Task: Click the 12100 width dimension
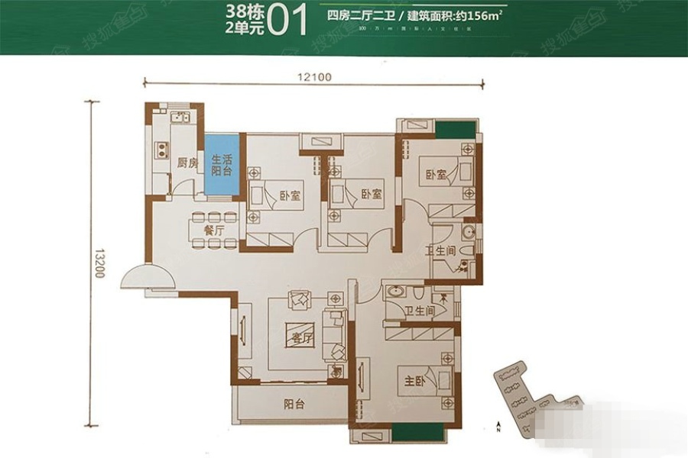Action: click(x=315, y=75)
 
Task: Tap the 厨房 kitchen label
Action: click(x=187, y=163)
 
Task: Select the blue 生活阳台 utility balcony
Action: click(x=221, y=166)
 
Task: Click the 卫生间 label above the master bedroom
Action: click(x=420, y=311)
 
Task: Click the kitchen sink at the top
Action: click(x=180, y=118)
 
